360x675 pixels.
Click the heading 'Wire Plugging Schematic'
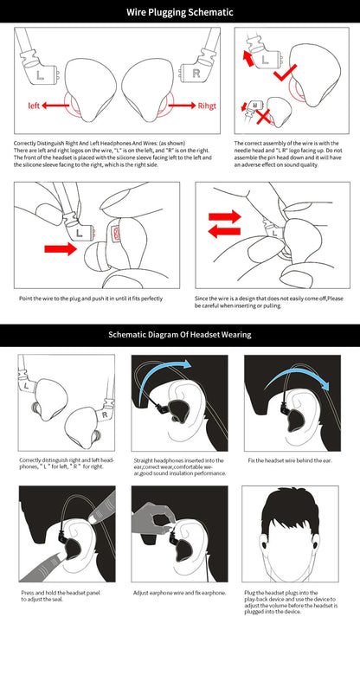pyautogui.click(x=180, y=13)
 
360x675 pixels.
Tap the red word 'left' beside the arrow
pyautogui.click(x=34, y=106)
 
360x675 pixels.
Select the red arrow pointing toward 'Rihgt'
pyautogui.click(x=177, y=106)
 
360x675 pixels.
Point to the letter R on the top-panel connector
pyautogui.click(x=197, y=74)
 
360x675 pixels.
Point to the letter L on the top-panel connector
pyautogui.click(x=42, y=75)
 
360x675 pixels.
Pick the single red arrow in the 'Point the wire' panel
pyautogui.click(x=60, y=249)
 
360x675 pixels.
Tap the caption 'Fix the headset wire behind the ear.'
pyautogui.click(x=283, y=460)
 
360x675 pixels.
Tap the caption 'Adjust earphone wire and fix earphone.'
pyautogui.click(x=178, y=593)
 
